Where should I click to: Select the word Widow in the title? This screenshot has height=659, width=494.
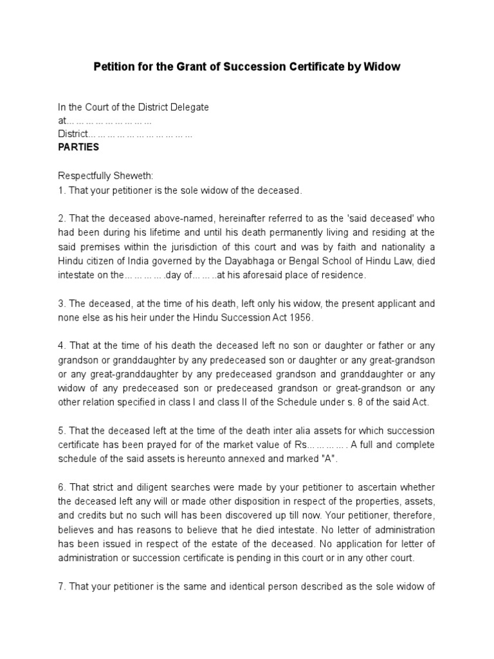click(x=383, y=67)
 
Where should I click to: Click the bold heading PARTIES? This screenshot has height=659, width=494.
click(x=78, y=147)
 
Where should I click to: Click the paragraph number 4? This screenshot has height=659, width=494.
click(x=61, y=346)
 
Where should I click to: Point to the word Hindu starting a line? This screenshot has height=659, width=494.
click(x=71, y=261)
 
